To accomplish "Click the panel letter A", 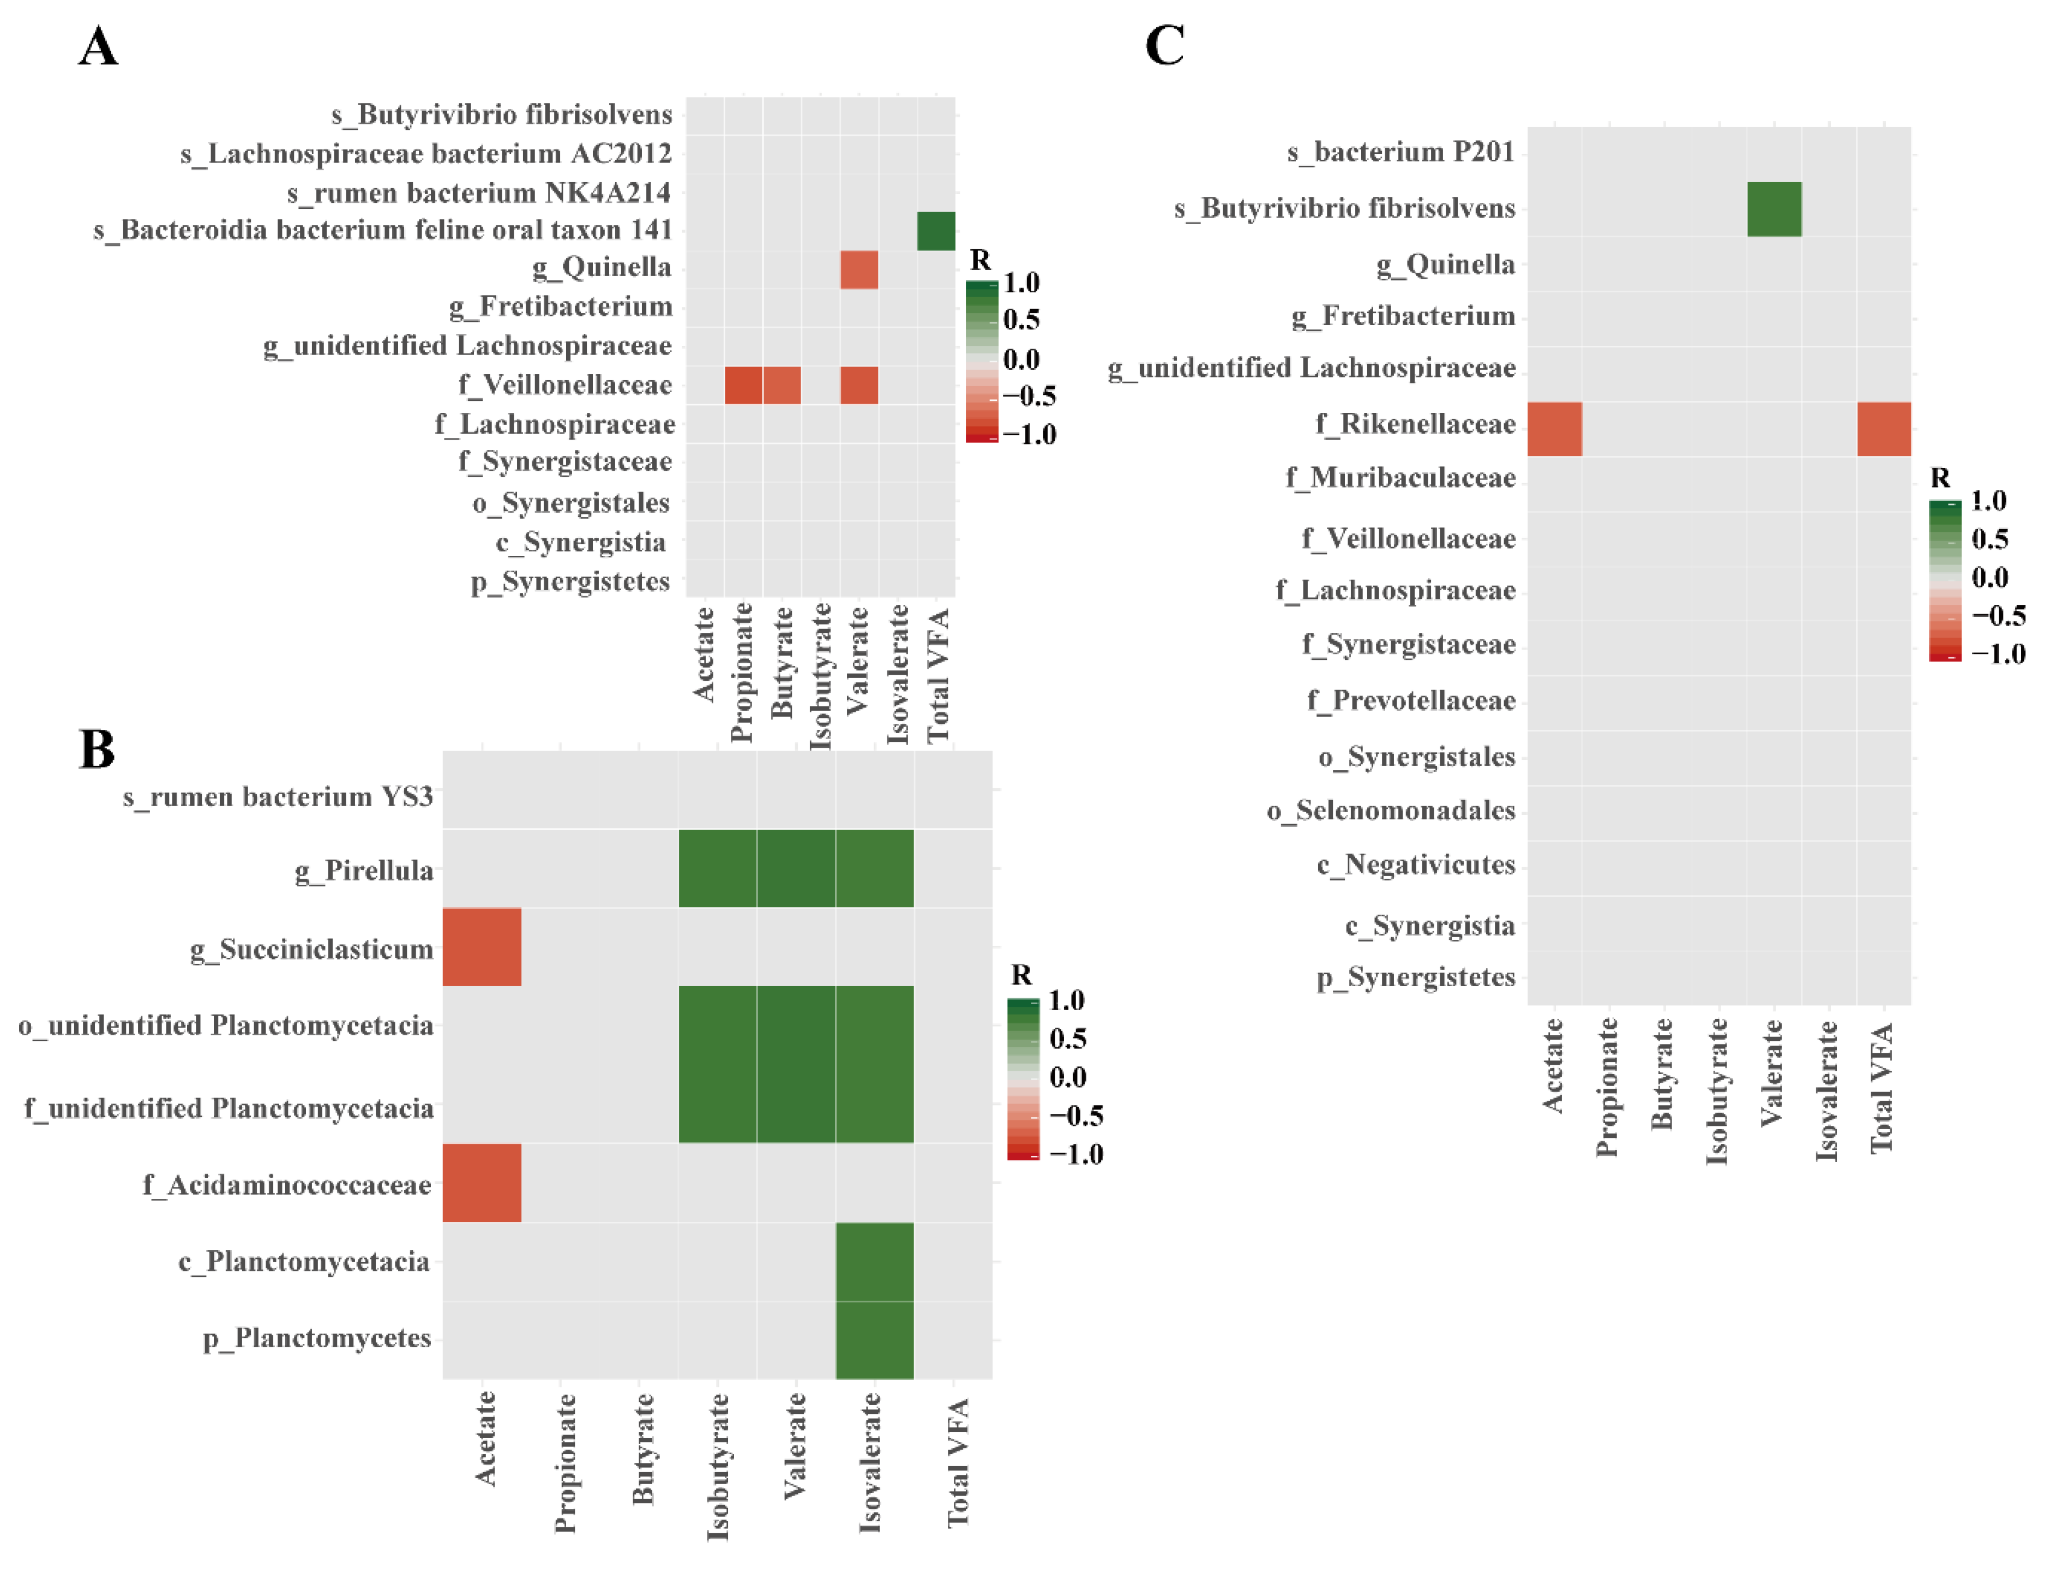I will [98, 47].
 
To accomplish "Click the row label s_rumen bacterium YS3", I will [278, 796].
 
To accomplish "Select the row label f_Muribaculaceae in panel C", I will [1400, 478].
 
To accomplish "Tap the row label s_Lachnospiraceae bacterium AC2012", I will [426, 153].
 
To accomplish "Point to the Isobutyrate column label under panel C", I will [1716, 1091].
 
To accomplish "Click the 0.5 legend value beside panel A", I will [1021, 320].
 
